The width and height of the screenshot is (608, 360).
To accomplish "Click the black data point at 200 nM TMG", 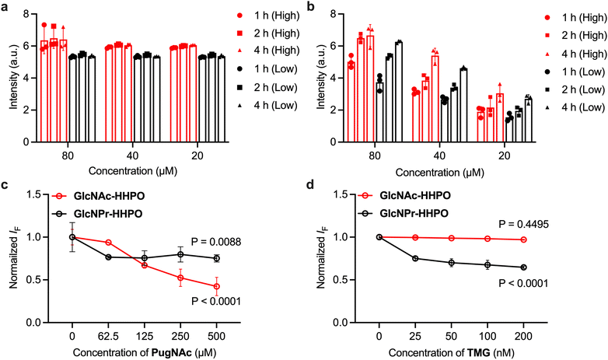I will point(522,267).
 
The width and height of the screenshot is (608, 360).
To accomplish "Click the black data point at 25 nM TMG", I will point(414,258).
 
